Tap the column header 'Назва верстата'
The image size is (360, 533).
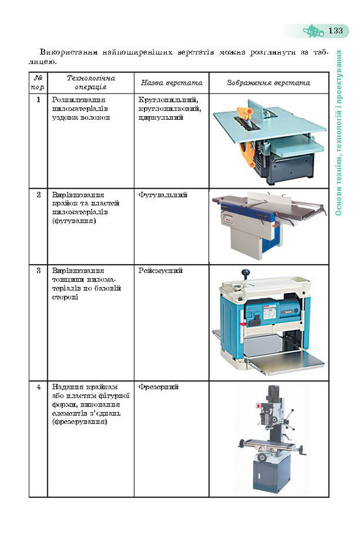click(171, 83)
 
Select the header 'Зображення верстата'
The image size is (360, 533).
click(268, 83)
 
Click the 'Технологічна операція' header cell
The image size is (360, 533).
click(91, 82)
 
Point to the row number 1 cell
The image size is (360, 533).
click(38, 99)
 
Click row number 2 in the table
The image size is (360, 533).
click(38, 195)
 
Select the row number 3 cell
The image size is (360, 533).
click(38, 270)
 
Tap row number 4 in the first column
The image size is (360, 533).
click(38, 387)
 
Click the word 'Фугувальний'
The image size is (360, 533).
click(163, 195)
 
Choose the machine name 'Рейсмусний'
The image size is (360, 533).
click(160, 270)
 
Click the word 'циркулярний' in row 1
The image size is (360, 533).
click(160, 118)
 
